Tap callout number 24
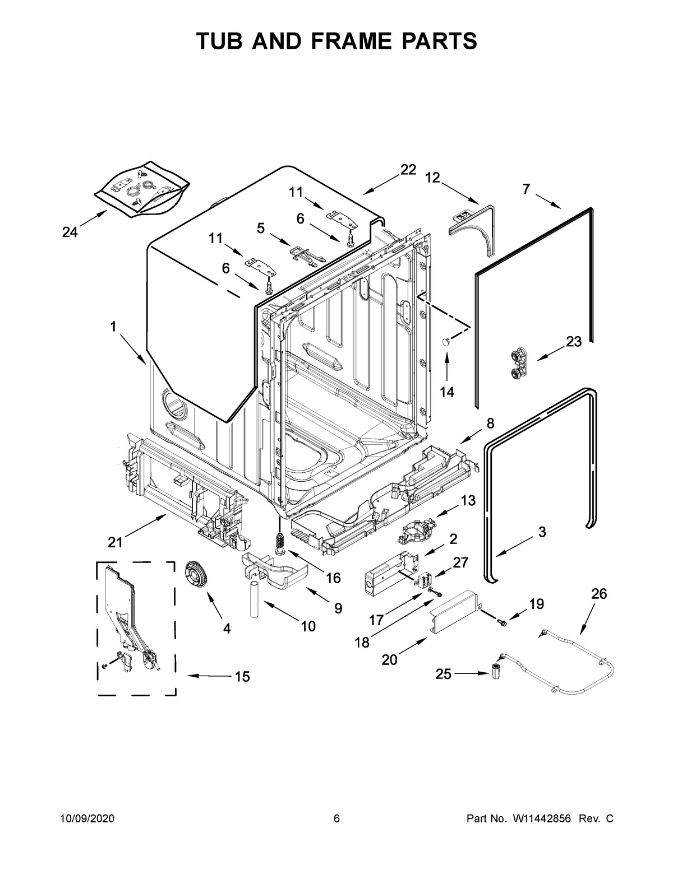click(70, 232)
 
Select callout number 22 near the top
click(408, 170)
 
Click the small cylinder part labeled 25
click(495, 671)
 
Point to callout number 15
click(242, 677)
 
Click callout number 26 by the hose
click(599, 594)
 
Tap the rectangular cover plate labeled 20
click(455, 615)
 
